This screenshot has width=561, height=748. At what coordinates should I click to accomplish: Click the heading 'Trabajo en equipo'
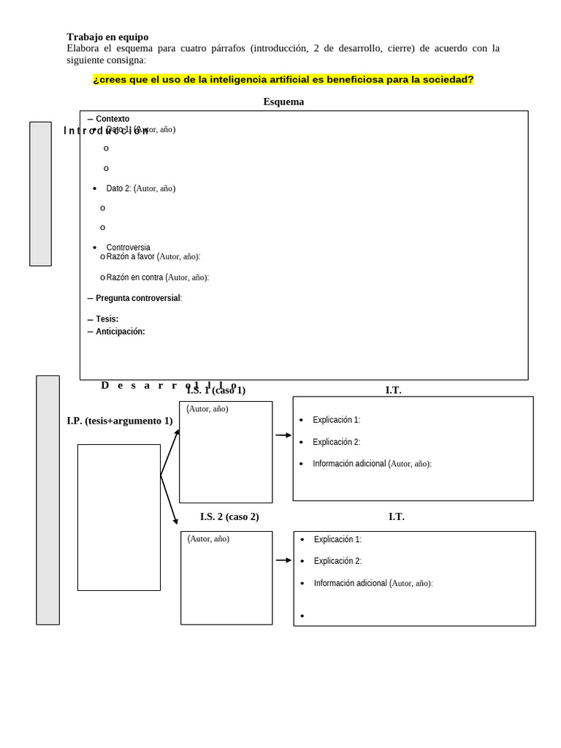click(107, 37)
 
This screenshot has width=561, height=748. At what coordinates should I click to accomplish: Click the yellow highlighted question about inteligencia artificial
click(283, 80)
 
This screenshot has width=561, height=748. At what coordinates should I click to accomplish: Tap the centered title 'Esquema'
click(283, 102)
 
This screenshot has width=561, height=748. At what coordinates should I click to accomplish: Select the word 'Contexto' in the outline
click(112, 119)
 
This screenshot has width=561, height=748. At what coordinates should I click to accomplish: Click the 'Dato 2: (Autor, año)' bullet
click(140, 188)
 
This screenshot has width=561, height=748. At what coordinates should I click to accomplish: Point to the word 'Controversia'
click(128, 248)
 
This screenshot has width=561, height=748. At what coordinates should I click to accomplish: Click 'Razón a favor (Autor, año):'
click(153, 256)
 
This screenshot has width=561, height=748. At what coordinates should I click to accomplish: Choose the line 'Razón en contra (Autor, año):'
click(157, 278)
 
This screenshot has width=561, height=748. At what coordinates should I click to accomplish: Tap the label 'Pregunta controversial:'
click(139, 298)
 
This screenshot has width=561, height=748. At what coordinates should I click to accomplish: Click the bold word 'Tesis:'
click(107, 319)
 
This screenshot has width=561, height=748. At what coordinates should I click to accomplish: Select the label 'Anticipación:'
click(120, 332)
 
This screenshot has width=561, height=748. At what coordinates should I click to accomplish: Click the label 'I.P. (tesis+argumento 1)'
click(120, 421)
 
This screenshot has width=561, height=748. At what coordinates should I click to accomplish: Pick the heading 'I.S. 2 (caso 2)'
click(229, 516)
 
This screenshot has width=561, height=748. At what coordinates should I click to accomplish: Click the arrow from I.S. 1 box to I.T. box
click(283, 435)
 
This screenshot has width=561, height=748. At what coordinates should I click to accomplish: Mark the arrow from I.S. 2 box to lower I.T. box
click(283, 560)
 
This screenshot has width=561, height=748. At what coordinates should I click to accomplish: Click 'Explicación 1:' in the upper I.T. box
click(336, 420)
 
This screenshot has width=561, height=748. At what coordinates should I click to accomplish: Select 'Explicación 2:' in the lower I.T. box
click(337, 561)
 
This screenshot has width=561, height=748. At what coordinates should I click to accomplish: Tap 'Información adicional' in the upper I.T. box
click(349, 464)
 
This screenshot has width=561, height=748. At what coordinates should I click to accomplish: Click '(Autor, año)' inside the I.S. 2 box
click(208, 539)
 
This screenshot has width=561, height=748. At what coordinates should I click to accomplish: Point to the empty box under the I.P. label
click(119, 517)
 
